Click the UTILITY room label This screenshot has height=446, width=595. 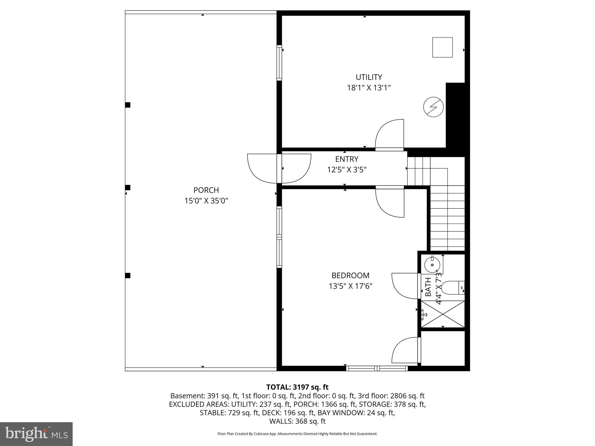coord(369,77)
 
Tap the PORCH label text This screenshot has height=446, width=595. coord(206,190)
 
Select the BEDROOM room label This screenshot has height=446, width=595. coord(350,275)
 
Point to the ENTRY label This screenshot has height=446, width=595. coord(347,159)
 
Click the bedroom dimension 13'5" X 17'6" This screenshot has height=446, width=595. coord(350,286)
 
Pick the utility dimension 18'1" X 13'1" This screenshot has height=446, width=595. coord(369,88)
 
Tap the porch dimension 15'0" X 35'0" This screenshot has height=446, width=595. coord(206,201)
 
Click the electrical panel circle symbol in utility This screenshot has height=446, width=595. coord(433,107)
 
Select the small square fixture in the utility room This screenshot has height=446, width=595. coord(442,47)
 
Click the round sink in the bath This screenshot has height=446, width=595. coord(432,265)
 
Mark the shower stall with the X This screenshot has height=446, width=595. coord(443,314)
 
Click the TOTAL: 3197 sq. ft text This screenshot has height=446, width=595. coord(297,387)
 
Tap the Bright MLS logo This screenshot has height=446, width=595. coord(36,434)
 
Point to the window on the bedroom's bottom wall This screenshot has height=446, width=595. coord(377,368)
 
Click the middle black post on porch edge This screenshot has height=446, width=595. coord(128,188)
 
